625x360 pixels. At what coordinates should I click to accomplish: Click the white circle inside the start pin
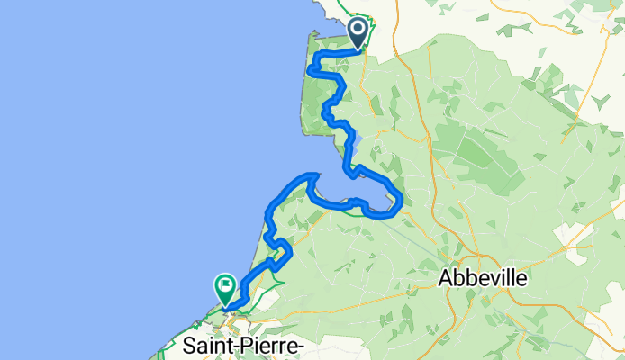tap(358, 30)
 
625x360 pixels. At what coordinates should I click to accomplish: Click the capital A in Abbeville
tap(446, 279)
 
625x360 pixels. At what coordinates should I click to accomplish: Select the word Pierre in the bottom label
tap(266, 345)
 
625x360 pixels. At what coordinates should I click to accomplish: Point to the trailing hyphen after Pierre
tap(302, 346)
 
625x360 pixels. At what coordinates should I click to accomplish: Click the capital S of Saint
tap(189, 345)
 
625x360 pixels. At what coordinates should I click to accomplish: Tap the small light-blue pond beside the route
tap(356, 140)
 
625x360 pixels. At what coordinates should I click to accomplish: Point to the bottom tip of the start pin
tap(358, 49)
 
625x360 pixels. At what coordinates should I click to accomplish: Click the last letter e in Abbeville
tap(521, 280)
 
